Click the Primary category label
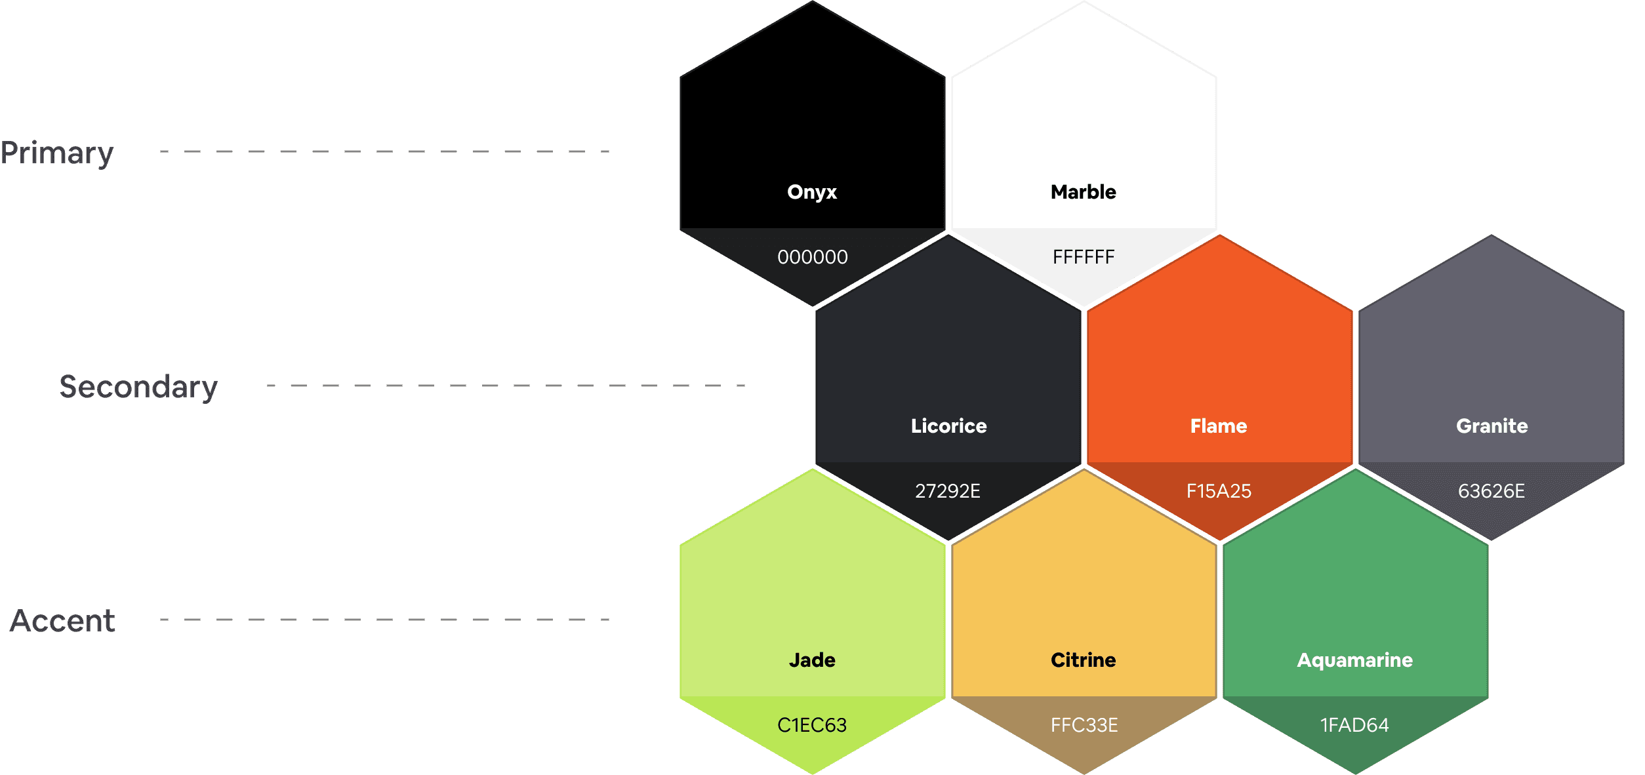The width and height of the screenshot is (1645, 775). (x=57, y=153)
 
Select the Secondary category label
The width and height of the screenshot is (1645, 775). (x=138, y=387)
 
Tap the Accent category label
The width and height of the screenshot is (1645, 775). (x=63, y=620)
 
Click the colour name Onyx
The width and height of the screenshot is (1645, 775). (x=812, y=192)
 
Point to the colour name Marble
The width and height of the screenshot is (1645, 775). (x=1083, y=192)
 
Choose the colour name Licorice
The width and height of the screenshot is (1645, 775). (x=948, y=426)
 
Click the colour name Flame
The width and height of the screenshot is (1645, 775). (x=1219, y=426)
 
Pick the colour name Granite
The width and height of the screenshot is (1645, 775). (x=1492, y=426)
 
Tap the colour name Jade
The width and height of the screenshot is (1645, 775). (x=812, y=660)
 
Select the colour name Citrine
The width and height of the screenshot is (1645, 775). (x=1083, y=660)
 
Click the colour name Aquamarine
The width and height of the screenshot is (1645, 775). (x=1354, y=660)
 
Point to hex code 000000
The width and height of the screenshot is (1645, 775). (x=812, y=257)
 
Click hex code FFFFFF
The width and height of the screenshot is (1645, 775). (x=1083, y=257)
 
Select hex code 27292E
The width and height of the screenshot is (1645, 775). (x=948, y=491)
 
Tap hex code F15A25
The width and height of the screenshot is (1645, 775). (x=1219, y=491)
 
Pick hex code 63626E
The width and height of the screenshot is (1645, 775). (x=1491, y=491)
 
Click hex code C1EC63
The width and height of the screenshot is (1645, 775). (x=812, y=725)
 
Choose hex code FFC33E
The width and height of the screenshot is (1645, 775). (x=1084, y=725)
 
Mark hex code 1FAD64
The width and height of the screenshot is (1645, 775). (x=1354, y=725)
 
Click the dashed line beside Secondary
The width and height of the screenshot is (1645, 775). (x=505, y=386)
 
